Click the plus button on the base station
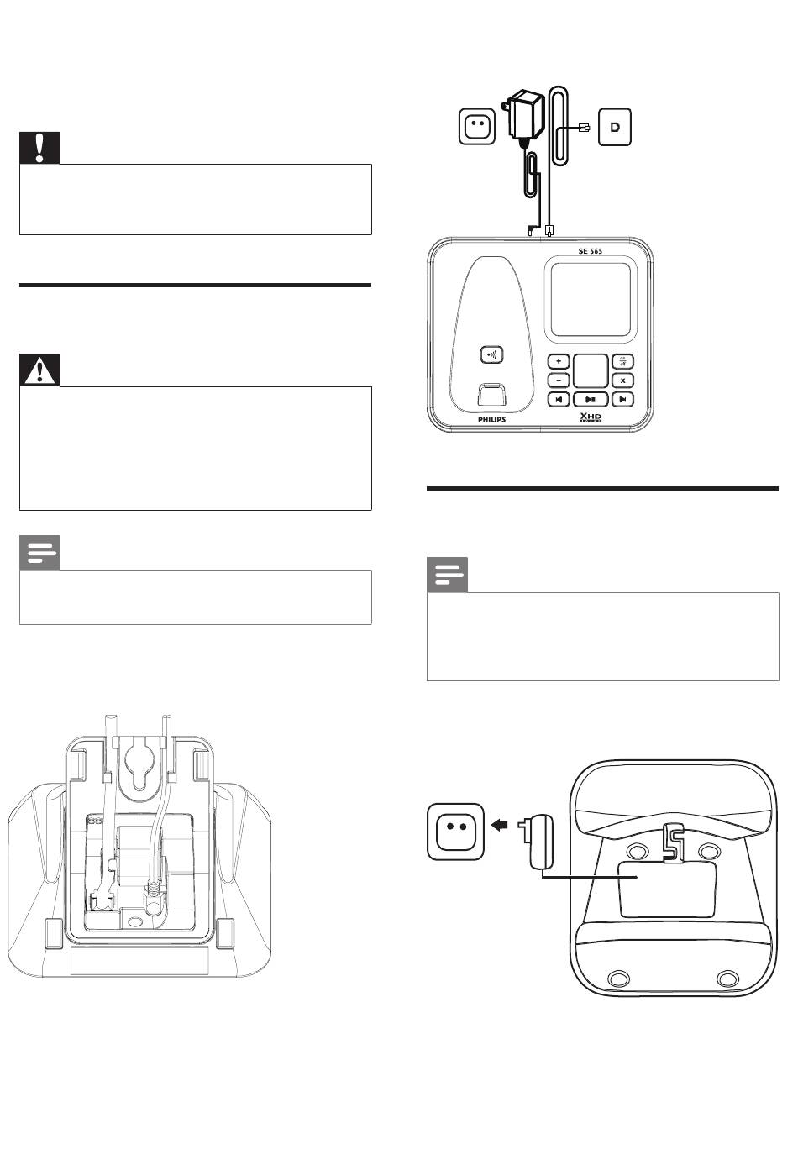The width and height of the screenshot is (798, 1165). pos(559,361)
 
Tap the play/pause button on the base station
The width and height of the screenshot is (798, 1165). pos(591,400)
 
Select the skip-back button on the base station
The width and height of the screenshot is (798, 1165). pos(559,400)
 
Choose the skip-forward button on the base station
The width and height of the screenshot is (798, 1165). pos(622,400)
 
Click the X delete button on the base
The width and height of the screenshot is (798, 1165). pos(622,380)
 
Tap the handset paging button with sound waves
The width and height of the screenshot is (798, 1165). pos(491,354)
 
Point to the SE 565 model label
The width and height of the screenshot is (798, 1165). pos(591,251)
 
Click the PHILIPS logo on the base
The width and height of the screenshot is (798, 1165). pos(491,419)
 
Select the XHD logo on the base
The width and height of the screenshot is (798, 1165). pos(591,417)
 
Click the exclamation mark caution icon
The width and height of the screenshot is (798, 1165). pos(40,148)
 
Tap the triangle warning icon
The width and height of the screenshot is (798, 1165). pos(40,370)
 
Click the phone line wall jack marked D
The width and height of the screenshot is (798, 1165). pos(615,127)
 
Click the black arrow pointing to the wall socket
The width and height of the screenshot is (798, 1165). pos(500,825)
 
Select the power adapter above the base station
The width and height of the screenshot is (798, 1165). pos(524,116)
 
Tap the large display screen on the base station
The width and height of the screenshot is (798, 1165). pos(591,300)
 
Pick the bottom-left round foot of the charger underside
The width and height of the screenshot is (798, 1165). pos(617,979)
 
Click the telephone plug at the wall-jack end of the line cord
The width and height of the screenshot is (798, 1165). pos(585,127)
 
